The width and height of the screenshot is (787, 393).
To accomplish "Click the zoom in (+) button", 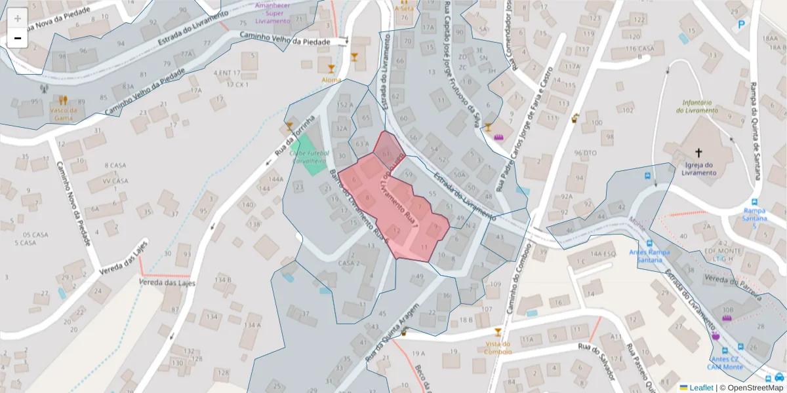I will point(18,18).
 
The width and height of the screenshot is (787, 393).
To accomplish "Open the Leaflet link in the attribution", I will point(701,387).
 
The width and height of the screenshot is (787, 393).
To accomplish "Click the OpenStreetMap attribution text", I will point(751,387).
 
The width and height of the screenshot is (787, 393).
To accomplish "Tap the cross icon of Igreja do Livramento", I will point(698,151).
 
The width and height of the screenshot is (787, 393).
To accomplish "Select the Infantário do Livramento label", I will point(700,106).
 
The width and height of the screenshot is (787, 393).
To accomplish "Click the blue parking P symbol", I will point(742,25).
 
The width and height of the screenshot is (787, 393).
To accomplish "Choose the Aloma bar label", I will point(331,79).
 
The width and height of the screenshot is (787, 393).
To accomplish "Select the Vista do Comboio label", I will point(498,347).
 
